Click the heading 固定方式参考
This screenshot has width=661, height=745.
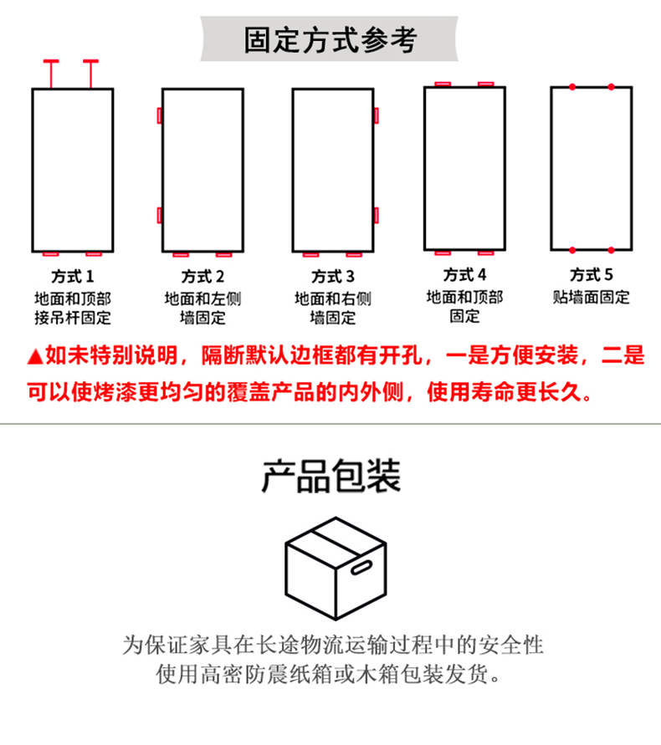tap(330, 40)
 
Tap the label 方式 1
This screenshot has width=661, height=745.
tap(73, 276)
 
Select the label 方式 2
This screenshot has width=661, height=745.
tap(202, 276)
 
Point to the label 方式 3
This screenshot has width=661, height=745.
tap(333, 276)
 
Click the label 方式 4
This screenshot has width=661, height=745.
tap(464, 274)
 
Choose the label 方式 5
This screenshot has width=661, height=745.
tap(592, 274)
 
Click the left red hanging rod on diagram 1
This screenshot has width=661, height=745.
tap(51, 74)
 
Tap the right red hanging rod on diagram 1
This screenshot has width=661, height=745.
tap(91, 74)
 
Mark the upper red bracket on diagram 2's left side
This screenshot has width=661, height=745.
tap(160, 115)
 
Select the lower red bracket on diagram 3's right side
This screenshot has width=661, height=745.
tap(377, 215)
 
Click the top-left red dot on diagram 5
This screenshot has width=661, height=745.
tap(572, 87)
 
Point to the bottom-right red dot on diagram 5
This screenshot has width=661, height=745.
tap(611, 250)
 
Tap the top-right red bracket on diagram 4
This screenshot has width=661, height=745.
tap(485, 84)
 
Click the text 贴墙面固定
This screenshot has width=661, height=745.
tap(591, 298)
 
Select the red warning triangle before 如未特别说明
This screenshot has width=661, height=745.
tap(35, 356)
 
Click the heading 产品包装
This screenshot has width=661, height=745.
tap(331, 476)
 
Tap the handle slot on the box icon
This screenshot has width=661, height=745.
tap(361, 567)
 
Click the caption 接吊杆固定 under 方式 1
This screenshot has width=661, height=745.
tap(73, 318)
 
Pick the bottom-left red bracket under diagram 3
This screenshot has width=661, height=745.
tap(310, 255)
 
